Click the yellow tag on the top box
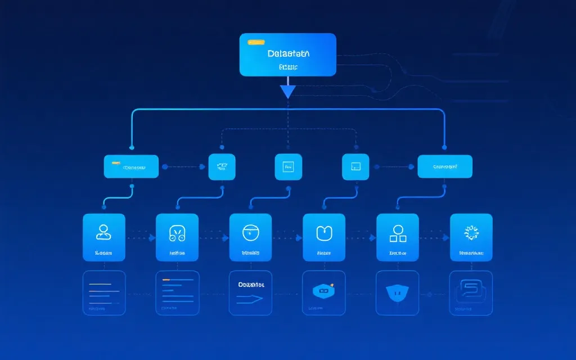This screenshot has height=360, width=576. pos(256,42)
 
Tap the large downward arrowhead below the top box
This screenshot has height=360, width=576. pos(288,91)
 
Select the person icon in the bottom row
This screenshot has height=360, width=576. pos(103,231)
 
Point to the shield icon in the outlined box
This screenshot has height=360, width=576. pos(397,291)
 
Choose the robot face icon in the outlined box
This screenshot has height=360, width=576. pos(323,291)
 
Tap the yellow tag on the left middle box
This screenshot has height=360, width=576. pos(115,164)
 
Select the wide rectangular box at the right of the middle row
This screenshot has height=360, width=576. pos(445,167)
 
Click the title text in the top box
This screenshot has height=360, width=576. pos(289,54)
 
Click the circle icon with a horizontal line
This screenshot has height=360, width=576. pos(250,231)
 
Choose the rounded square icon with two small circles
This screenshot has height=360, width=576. pos(177,232)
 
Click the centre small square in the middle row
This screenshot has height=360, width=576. pos(289,167)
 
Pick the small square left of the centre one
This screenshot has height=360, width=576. pos(222,167)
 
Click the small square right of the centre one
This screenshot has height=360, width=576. pos(355,167)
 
